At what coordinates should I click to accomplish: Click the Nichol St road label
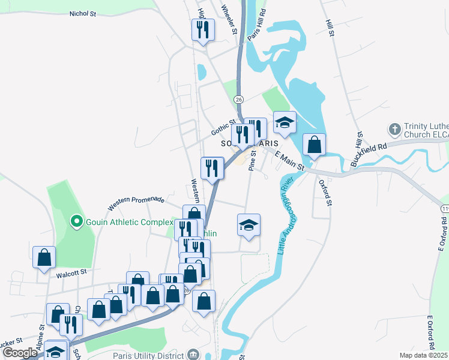(83, 13)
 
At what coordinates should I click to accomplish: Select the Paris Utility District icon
(193, 354)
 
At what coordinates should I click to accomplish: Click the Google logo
(20, 353)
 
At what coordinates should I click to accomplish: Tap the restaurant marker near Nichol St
(203, 29)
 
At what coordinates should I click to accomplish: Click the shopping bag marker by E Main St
(314, 145)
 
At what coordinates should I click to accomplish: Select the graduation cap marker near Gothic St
(285, 123)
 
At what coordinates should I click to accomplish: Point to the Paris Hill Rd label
(256, 25)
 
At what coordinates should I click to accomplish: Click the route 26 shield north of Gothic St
(239, 98)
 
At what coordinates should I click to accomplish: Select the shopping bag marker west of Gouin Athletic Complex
(44, 257)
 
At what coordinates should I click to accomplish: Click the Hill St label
(328, 28)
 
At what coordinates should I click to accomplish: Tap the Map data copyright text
(423, 355)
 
